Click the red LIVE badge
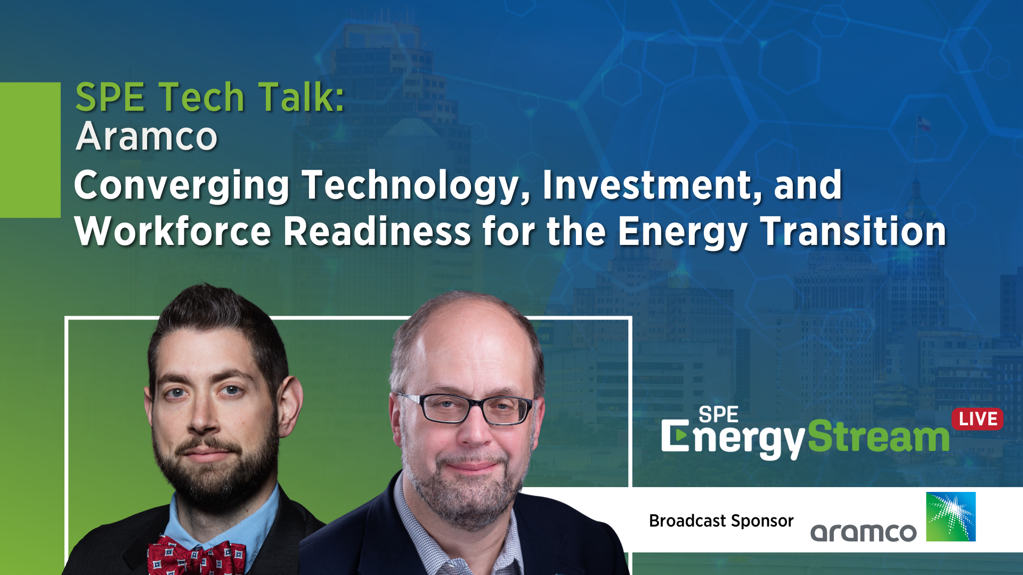977,419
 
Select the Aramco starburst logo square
951,516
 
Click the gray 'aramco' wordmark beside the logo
863,532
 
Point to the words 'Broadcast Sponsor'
721,520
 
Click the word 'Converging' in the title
182,186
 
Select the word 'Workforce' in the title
173,232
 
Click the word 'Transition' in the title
854,232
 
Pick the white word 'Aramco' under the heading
147,137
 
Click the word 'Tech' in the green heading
201,97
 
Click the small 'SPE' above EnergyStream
718,414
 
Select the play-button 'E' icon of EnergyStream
675,436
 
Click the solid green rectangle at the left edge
30,150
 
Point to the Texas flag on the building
923,124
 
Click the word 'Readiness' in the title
377,232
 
